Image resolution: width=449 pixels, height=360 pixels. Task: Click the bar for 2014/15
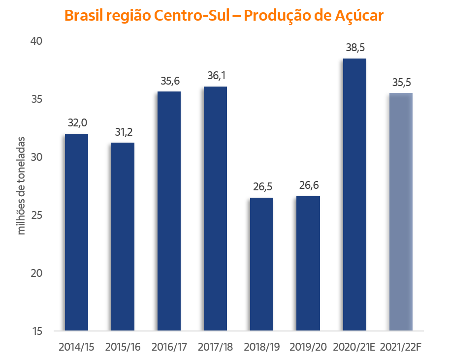pyautogui.click(x=76, y=232)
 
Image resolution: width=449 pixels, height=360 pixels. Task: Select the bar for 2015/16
pyautogui.click(x=123, y=236)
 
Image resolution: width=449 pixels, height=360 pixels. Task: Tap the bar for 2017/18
pyautogui.click(x=215, y=208)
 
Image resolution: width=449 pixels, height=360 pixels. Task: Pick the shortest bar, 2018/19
pyautogui.click(x=261, y=264)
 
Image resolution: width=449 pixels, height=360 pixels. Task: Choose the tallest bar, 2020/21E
pyautogui.click(x=354, y=194)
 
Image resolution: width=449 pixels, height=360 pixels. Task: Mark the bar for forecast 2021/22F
pyautogui.click(x=401, y=211)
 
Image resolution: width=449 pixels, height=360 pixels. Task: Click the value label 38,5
pyautogui.click(x=354, y=48)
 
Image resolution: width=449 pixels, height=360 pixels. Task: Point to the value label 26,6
pyautogui.click(x=308, y=186)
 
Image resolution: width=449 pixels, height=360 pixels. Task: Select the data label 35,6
pyautogui.click(x=169, y=81)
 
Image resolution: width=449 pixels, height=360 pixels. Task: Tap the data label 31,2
pyautogui.click(x=123, y=132)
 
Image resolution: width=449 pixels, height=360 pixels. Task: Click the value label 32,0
pyautogui.click(x=76, y=123)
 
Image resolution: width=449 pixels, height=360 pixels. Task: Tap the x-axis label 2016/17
pyautogui.click(x=169, y=347)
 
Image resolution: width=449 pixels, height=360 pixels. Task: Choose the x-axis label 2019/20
pyautogui.click(x=308, y=347)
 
